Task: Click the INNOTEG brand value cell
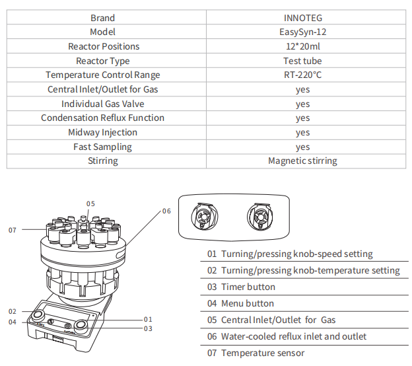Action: (302, 18)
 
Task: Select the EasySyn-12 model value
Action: (302, 32)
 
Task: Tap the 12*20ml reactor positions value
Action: (302, 46)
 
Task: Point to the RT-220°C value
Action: (302, 75)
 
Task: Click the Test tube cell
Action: (302, 61)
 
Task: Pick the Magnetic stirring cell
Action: (302, 161)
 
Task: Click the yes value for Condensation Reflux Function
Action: (302, 118)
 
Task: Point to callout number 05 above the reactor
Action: (90, 203)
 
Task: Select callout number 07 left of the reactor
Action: (13, 230)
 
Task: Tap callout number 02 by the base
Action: (13, 311)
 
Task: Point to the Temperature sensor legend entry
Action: (254, 353)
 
